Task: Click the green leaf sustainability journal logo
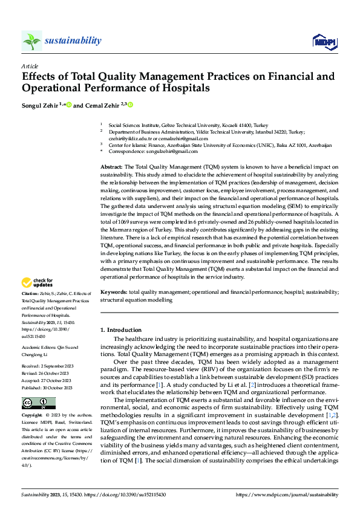pyautogui.click(x=31, y=41)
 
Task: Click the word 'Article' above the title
pyautogui.click(x=30, y=66)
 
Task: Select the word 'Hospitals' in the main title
pyautogui.click(x=180, y=88)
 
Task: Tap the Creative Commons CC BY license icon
pyautogui.click(x=38, y=386)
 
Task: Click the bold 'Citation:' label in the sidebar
pyautogui.click(x=31, y=293)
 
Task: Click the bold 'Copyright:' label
pyautogui.click(x=33, y=400)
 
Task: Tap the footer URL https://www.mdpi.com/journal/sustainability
pyautogui.click(x=289, y=494)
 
